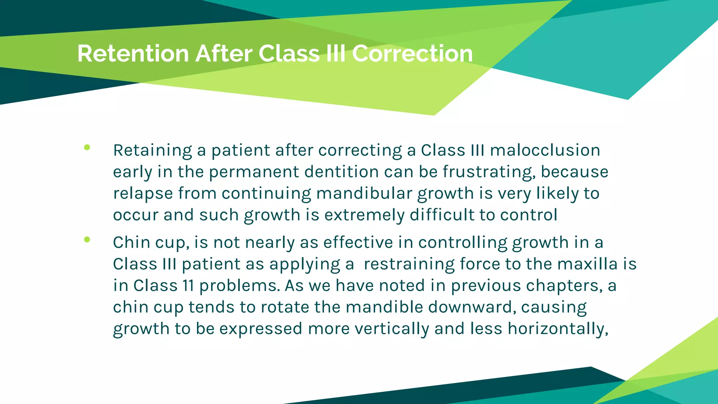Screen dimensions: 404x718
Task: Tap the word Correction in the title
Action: [412, 54]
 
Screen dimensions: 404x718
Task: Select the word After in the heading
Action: [224, 54]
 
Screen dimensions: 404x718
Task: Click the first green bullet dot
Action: [87, 147]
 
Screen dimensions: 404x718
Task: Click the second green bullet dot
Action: [87, 240]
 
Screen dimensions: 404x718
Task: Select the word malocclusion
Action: [545, 150]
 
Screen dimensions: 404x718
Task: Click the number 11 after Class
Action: [188, 285]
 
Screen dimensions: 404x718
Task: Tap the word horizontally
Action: [558, 329]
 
